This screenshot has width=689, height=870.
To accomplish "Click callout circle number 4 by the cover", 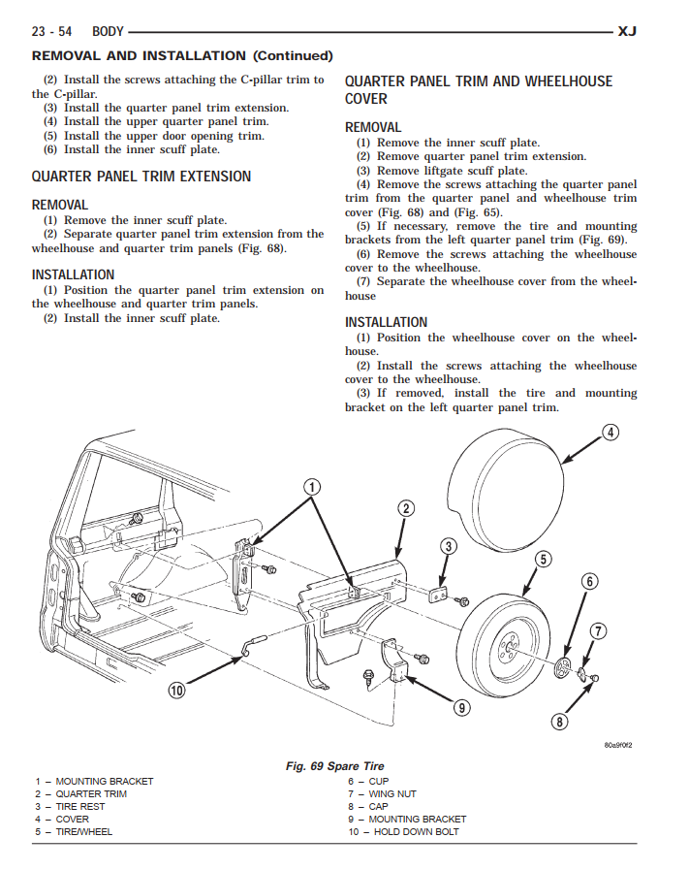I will [611, 433].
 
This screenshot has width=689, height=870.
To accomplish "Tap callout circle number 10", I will [176, 691].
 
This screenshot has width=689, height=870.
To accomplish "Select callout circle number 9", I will [462, 708].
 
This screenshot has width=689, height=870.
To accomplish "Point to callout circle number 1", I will [312, 487].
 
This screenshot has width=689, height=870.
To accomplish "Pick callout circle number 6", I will [589, 582].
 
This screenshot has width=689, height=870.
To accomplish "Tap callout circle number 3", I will [448, 546].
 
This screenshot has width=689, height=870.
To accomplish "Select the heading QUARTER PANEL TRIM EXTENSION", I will [141, 177].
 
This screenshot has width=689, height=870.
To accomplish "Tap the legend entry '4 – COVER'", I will [62, 820].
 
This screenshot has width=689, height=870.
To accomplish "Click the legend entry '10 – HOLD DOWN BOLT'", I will [403, 832].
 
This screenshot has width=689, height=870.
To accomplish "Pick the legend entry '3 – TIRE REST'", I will [70, 807].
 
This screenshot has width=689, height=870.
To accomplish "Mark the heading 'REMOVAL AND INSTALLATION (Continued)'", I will [182, 56].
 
